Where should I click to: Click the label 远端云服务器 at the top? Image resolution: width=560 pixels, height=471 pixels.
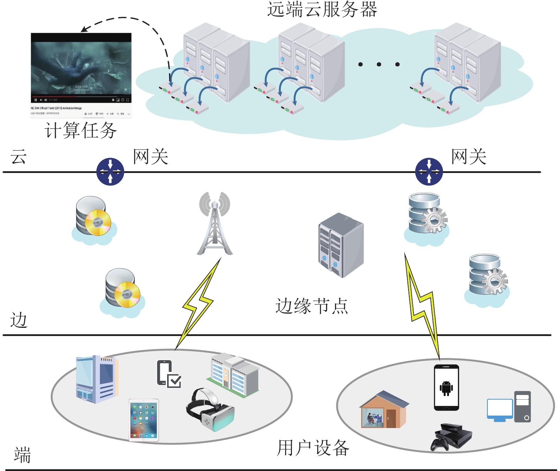[322, 10]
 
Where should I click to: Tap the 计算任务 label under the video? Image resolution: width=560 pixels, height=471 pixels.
[81, 130]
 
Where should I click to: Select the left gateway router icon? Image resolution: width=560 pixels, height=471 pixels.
[110, 172]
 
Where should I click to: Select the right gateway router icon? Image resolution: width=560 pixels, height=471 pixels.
[429, 172]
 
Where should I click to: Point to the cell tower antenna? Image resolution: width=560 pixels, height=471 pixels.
[215, 224]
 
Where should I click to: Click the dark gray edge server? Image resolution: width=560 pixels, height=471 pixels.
[341, 245]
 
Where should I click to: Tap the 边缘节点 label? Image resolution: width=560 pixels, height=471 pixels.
[311, 306]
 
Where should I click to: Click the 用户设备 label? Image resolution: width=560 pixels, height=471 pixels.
[313, 448]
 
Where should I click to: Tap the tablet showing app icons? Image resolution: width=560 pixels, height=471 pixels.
[144, 420]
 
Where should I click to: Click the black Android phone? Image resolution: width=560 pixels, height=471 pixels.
[446, 388]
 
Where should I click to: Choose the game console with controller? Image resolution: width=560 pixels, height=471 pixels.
[452, 437]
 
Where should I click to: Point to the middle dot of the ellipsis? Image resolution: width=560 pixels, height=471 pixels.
[379, 64]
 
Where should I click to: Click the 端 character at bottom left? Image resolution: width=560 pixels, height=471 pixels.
[22, 455]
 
